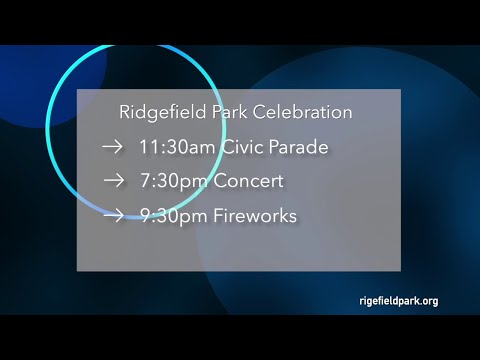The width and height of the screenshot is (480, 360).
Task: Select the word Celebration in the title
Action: point(301,112)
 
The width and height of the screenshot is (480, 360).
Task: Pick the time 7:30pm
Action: point(172,182)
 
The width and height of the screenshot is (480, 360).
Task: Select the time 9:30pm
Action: point(172,215)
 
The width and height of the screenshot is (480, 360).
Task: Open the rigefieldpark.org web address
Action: point(397,300)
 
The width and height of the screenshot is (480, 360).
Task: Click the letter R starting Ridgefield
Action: point(124,112)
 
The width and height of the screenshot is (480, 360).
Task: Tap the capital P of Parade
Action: point(279,147)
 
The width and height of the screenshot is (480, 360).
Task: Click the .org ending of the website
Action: point(427,300)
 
